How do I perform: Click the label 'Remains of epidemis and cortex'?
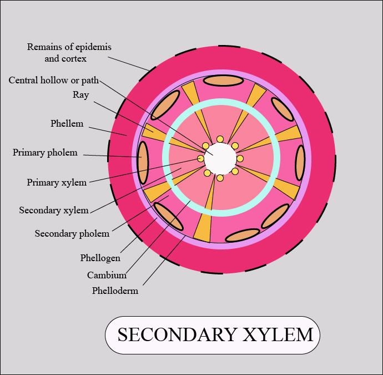tap(65, 52)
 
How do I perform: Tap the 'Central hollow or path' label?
tap(53, 81)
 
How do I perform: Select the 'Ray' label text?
tap(80, 95)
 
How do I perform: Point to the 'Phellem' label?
tap(67, 123)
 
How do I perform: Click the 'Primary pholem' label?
tap(45, 152)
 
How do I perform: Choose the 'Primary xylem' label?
tap(57, 182)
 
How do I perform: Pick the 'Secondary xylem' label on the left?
tap(54, 210)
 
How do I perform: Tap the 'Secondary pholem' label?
tap(72, 233)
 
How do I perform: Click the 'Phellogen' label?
tap(100, 258)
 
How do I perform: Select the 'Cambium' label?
tap(107, 275)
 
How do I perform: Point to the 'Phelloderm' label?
tap(115, 291)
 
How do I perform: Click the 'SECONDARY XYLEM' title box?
tap(213, 335)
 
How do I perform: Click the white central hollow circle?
tap(220, 158)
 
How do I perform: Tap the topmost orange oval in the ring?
tap(223, 81)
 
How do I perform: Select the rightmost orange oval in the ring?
tap(300, 163)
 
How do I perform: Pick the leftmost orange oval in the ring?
tap(143, 162)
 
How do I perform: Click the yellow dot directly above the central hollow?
tap(220, 139)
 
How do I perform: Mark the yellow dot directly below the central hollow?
tap(220, 178)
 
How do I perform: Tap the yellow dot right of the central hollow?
tap(240, 159)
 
